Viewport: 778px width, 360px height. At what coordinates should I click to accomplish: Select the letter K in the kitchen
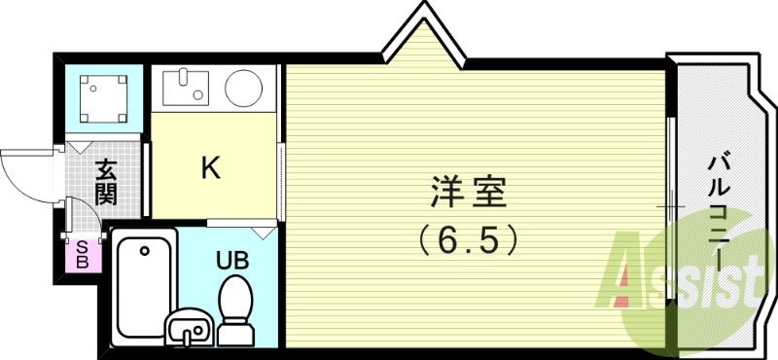[210, 168]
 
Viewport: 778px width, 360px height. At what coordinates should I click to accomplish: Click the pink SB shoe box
[83, 254]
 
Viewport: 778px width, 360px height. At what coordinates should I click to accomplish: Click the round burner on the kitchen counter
[244, 89]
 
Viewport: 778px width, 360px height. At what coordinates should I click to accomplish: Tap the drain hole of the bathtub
[144, 250]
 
